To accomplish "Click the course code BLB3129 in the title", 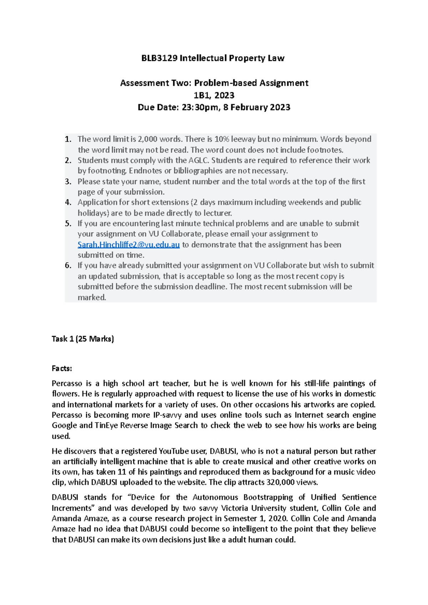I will coord(159,58).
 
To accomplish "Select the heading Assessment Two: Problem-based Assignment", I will coord(214,83).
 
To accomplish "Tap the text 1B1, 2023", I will coord(214,95).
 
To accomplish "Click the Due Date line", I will coord(214,107).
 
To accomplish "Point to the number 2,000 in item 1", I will coord(148,139).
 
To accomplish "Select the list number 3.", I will coord(68,181).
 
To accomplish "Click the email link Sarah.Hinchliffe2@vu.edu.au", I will coord(128,245).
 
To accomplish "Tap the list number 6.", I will coord(68,265).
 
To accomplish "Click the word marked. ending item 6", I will coord(92,298).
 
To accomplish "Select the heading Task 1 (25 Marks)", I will coord(83,339).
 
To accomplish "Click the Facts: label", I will coord(62,368).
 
